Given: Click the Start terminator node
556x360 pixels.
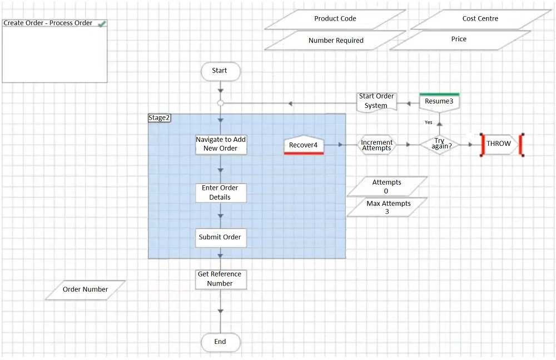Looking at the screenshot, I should [220, 71].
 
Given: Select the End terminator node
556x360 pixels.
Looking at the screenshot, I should [220, 342].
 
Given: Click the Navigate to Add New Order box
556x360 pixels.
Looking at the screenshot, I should [221, 144].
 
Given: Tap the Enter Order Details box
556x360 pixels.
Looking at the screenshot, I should [220, 193].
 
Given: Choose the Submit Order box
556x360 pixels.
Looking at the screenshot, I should [220, 237].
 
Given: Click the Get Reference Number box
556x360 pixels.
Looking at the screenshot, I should [220, 279].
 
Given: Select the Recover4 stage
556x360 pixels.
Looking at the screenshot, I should [304, 145].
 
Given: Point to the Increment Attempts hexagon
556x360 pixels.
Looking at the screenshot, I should [376, 145].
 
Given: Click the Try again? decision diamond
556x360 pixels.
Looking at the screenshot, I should [439, 144].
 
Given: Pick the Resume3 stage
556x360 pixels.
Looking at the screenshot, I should [439, 102].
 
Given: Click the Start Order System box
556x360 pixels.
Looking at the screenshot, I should [376, 101].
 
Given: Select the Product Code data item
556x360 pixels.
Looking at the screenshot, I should [335, 19].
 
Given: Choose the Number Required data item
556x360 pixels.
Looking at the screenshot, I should [336, 41].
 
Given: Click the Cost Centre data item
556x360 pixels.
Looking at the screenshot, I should [480, 19].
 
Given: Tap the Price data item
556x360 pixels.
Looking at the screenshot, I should [459, 40].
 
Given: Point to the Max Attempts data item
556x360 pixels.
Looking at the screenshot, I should [388, 207].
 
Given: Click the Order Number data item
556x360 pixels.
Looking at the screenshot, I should [85, 289].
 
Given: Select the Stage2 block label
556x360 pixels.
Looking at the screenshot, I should [159, 118].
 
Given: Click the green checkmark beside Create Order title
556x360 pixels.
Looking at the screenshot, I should [102, 23].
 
